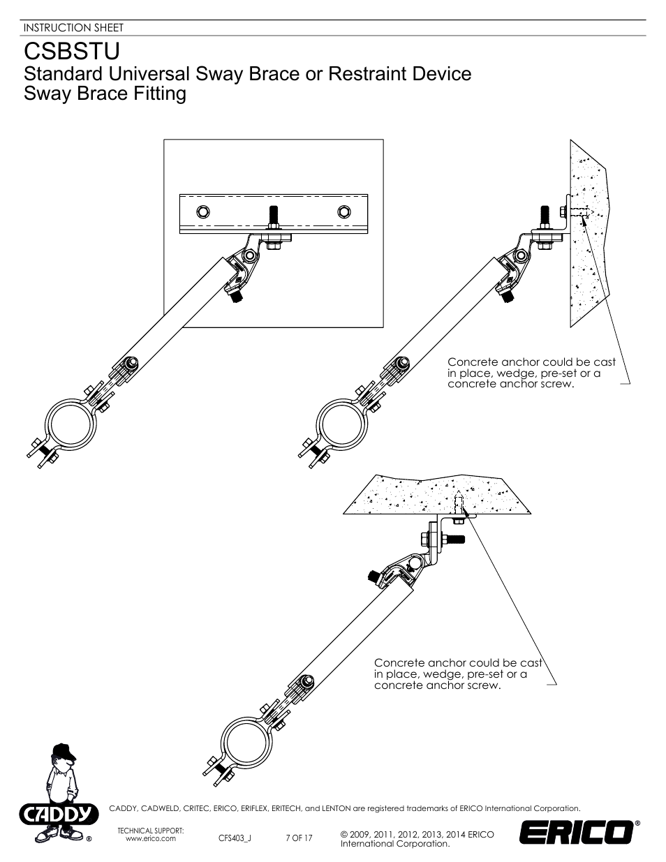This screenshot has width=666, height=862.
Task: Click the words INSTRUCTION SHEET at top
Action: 73,28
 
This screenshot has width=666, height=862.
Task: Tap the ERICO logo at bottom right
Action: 575,833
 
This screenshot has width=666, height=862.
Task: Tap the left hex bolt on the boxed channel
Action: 202,211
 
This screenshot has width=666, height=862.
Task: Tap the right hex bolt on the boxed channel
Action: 343,211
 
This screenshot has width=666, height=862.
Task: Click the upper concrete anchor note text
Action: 531,373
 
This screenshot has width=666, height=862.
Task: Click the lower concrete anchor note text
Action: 457,674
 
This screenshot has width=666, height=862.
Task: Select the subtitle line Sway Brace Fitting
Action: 105,94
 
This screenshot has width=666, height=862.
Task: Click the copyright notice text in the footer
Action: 417,839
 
